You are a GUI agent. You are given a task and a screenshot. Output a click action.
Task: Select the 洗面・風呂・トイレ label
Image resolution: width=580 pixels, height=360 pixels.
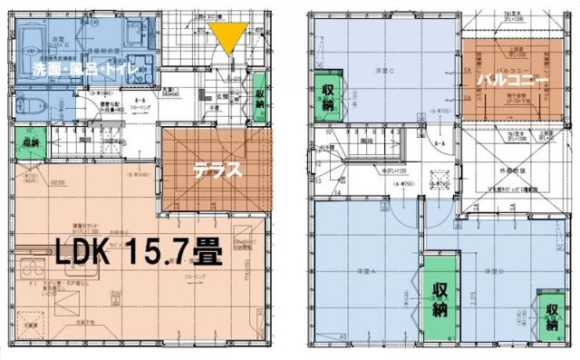point(83,67)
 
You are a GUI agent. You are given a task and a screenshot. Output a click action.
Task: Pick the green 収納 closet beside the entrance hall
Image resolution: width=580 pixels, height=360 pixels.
point(261,98)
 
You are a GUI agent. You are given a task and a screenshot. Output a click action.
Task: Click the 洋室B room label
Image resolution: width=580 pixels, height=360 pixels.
point(493,269)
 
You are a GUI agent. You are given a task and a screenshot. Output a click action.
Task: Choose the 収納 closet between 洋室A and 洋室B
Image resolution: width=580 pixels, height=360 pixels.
point(440,299)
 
